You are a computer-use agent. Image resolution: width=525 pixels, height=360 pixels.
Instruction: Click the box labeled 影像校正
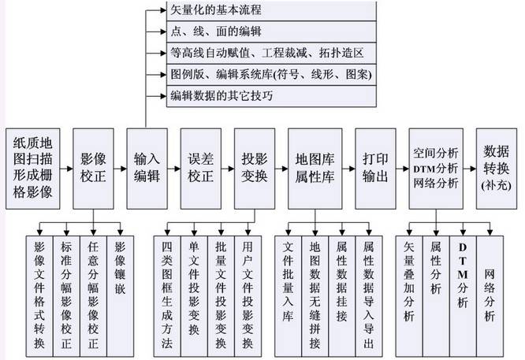(x=93, y=169)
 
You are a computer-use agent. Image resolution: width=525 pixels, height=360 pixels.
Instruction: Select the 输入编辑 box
(x=147, y=169)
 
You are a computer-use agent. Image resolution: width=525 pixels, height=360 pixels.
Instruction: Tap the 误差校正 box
(x=200, y=169)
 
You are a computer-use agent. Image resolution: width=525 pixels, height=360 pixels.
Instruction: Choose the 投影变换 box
(x=255, y=169)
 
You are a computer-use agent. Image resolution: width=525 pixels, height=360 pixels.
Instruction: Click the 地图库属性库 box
(x=315, y=169)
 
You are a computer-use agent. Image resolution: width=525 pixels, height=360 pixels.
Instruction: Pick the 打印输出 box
(x=375, y=169)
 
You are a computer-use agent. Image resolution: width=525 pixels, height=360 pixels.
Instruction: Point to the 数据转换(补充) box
(x=497, y=169)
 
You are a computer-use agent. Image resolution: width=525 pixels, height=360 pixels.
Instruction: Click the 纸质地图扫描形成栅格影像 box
(x=33, y=169)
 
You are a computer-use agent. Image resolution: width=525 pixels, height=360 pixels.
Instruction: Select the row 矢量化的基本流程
(x=271, y=10)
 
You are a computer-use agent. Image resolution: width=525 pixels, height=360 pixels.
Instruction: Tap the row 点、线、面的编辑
(x=271, y=32)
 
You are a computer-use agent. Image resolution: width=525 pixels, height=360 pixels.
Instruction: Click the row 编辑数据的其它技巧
(x=271, y=96)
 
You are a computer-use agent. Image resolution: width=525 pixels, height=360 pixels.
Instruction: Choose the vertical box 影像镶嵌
(x=120, y=296)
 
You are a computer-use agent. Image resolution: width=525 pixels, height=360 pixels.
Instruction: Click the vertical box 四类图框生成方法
(x=167, y=296)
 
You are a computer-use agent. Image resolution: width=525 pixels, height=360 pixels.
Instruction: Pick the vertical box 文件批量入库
(x=288, y=296)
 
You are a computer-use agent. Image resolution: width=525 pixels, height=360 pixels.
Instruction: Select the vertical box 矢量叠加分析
(x=409, y=296)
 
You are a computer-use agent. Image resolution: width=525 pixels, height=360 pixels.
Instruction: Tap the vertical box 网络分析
(x=490, y=296)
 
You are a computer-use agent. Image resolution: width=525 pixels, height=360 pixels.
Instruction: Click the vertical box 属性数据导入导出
(x=369, y=296)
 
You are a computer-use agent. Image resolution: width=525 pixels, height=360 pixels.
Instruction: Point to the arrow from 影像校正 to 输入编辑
(x=120, y=169)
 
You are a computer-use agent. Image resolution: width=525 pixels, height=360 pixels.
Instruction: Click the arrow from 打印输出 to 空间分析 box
(x=402, y=169)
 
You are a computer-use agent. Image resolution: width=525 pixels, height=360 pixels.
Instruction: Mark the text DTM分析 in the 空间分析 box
(x=435, y=169)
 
